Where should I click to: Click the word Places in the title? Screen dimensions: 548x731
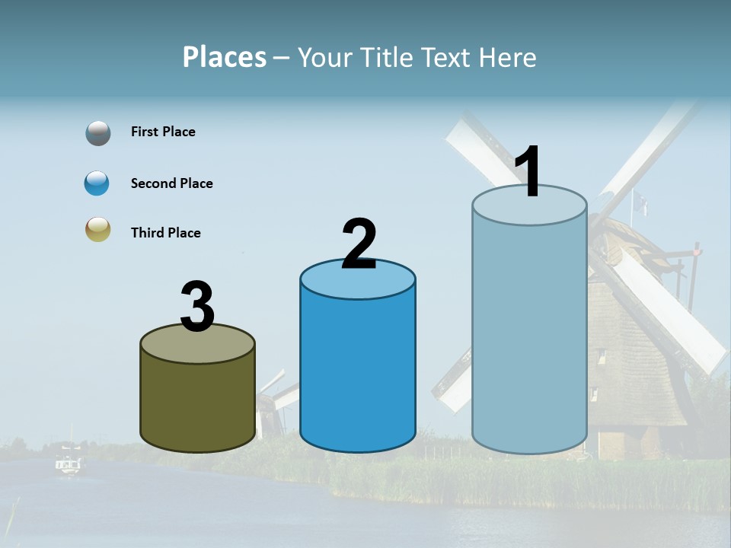[x=225, y=57]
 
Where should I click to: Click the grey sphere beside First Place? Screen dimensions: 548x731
[x=98, y=132]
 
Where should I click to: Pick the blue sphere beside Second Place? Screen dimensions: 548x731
[x=97, y=183]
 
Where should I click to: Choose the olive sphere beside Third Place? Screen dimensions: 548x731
[x=98, y=229]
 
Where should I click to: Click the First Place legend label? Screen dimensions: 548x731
[x=163, y=132]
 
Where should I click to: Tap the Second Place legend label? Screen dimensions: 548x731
[x=171, y=183]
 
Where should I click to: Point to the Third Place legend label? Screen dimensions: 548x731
[x=165, y=233]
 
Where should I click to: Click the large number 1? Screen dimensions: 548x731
[x=528, y=172]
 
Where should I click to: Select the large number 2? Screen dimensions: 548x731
[x=359, y=244]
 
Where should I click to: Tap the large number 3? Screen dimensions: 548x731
[x=197, y=307]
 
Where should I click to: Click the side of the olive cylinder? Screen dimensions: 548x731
[x=198, y=403]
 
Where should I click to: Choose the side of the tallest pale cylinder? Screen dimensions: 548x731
[x=529, y=335]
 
